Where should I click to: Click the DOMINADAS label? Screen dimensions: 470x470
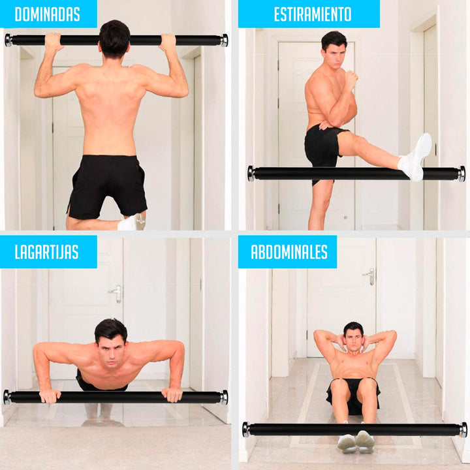pos(47,14)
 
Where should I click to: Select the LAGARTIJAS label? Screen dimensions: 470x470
pos(48,252)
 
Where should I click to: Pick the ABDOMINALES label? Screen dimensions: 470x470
pos(287,252)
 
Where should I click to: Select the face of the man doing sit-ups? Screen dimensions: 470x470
pos(353,340)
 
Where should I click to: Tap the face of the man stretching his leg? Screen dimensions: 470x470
pos(333,53)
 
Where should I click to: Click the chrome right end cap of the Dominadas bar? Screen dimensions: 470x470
pos(224,40)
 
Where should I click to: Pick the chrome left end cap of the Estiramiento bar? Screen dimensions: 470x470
pos(251,174)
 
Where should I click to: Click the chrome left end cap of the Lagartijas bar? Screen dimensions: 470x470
pos(7,397)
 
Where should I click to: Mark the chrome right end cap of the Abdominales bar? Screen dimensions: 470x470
pos(463,430)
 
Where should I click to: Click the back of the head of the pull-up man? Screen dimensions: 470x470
pos(114,38)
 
